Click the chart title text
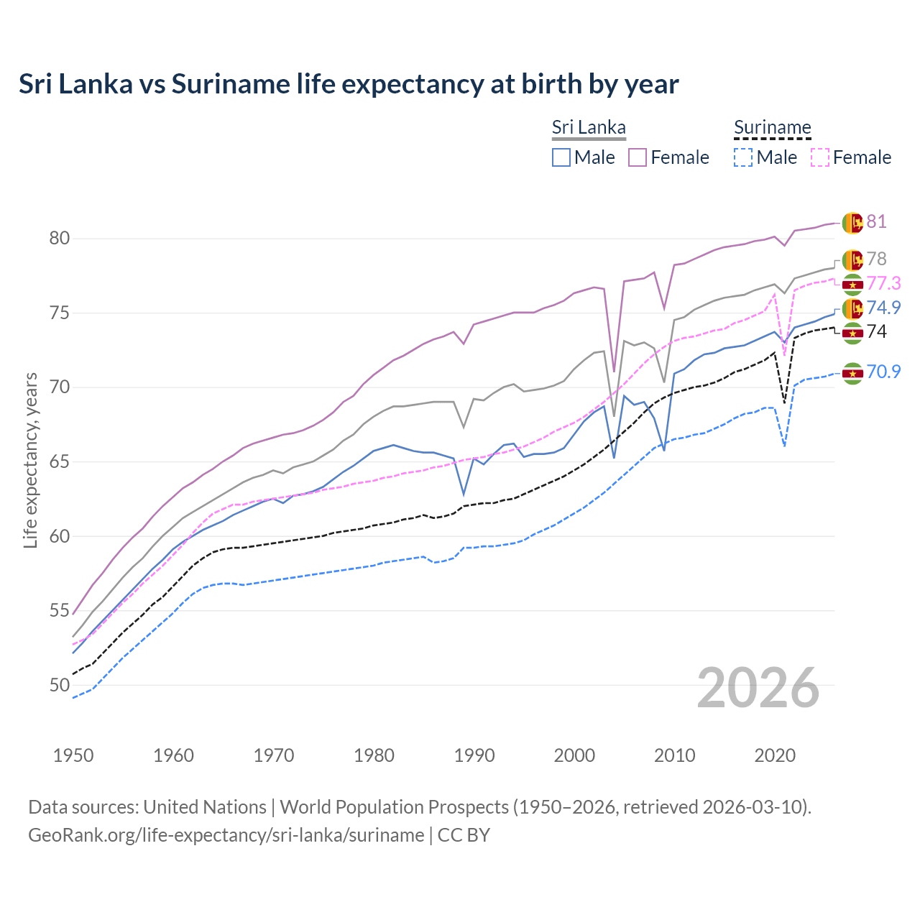click(349, 84)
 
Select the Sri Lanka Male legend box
click(561, 157)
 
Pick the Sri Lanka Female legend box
click(638, 157)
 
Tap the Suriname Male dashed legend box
click(743, 157)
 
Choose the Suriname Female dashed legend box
click(820, 157)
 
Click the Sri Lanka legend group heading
click(589, 128)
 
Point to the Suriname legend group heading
click(772, 128)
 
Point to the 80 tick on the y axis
click(60, 239)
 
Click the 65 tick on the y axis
click(60, 461)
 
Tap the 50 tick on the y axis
click(60, 685)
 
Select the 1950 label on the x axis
click(73, 755)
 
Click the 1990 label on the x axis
click(474, 755)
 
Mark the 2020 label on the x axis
click(775, 755)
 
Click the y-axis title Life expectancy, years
click(30, 460)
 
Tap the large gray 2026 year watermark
click(758, 688)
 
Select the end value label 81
click(876, 221)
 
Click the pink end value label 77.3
click(883, 283)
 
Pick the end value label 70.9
click(883, 372)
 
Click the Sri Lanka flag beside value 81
click(852, 223)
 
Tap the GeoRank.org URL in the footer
click(226, 835)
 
